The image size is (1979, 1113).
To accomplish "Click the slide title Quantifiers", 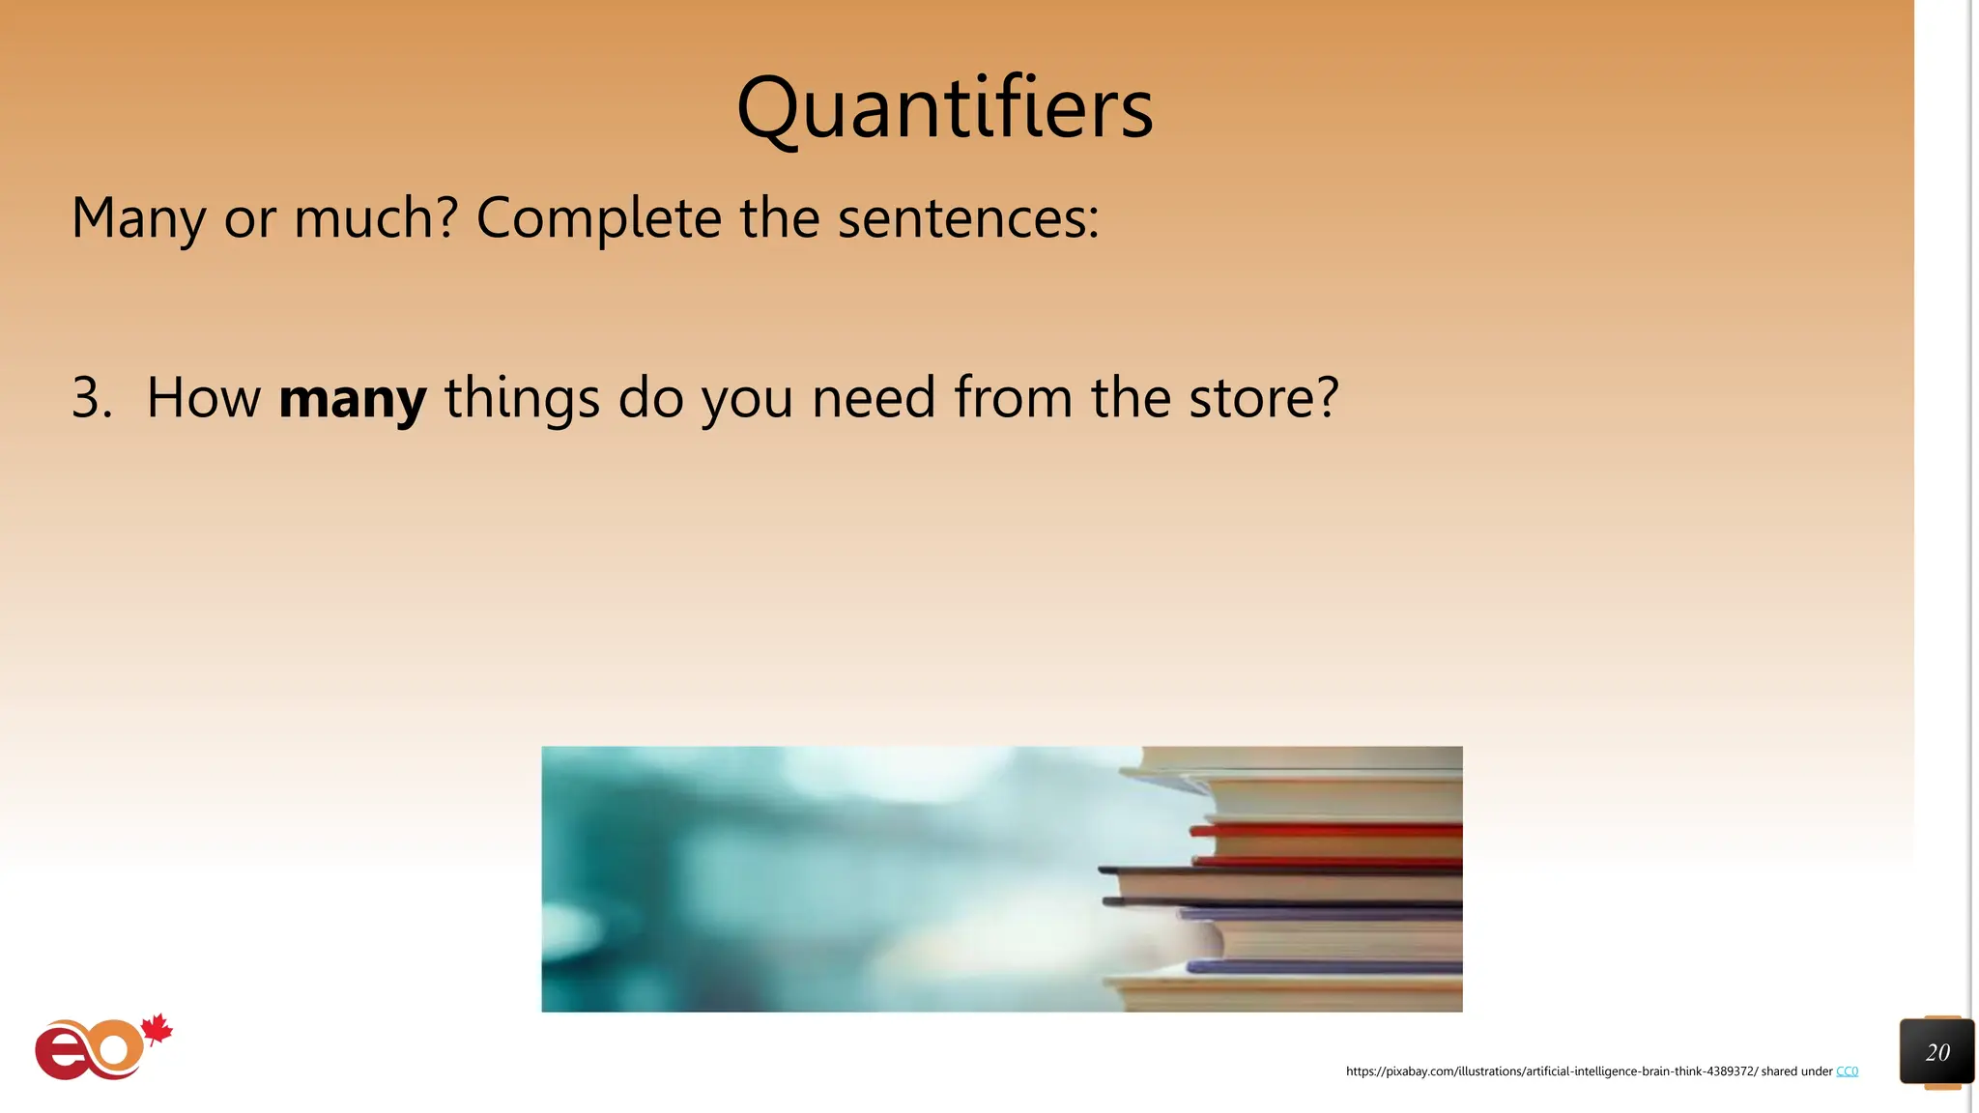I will (x=944, y=108).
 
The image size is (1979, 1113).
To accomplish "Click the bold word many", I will (x=352, y=398).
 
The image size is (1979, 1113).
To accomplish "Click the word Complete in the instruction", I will (x=598, y=218).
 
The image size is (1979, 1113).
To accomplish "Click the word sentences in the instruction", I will (x=966, y=218).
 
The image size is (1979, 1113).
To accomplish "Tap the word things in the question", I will (x=522, y=398).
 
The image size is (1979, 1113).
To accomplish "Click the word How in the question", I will (x=204, y=398).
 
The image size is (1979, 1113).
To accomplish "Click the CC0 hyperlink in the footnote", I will (x=1847, y=1071).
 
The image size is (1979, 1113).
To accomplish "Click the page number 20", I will (x=1936, y=1052).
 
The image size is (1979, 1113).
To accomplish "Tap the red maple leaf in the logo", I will (x=157, y=1030).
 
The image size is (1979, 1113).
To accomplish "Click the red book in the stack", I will (x=1334, y=830).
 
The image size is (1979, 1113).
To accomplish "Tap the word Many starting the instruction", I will (x=138, y=218).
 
